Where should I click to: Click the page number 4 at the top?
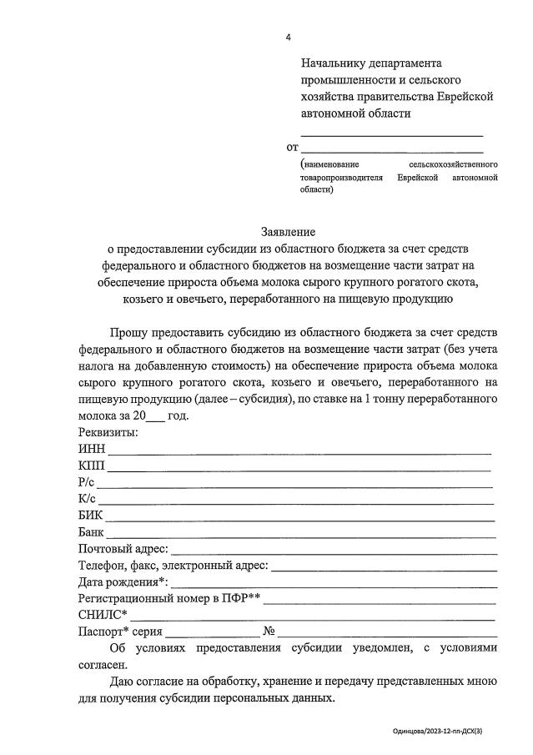click(x=289, y=38)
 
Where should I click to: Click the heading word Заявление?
click(x=289, y=231)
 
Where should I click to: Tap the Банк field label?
click(x=91, y=532)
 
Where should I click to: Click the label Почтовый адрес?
click(x=123, y=549)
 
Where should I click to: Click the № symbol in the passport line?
click(x=269, y=632)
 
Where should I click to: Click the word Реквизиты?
click(x=108, y=432)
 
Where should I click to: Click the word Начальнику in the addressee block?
click(x=336, y=63)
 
